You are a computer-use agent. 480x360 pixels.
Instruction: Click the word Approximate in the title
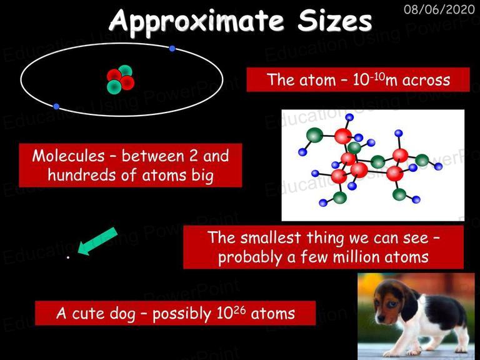[196, 21]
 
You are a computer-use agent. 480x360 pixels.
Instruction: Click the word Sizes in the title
[334, 20]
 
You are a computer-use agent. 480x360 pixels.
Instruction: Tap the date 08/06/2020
[439, 9]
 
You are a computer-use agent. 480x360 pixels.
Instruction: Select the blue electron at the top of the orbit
[172, 48]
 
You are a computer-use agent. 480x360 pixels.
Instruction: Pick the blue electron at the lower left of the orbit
[56, 106]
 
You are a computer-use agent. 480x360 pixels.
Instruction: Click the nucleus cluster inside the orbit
[121, 79]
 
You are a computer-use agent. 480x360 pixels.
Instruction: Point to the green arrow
[97, 241]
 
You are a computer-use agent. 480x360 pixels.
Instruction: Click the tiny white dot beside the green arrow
[68, 257]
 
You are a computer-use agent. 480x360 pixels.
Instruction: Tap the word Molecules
[68, 156]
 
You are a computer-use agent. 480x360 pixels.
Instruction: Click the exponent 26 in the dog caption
[240, 310]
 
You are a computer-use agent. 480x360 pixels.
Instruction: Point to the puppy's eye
[392, 304]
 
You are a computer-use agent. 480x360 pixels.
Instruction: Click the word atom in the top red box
[317, 80]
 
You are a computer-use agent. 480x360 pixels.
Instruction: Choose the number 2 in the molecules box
[193, 156]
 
